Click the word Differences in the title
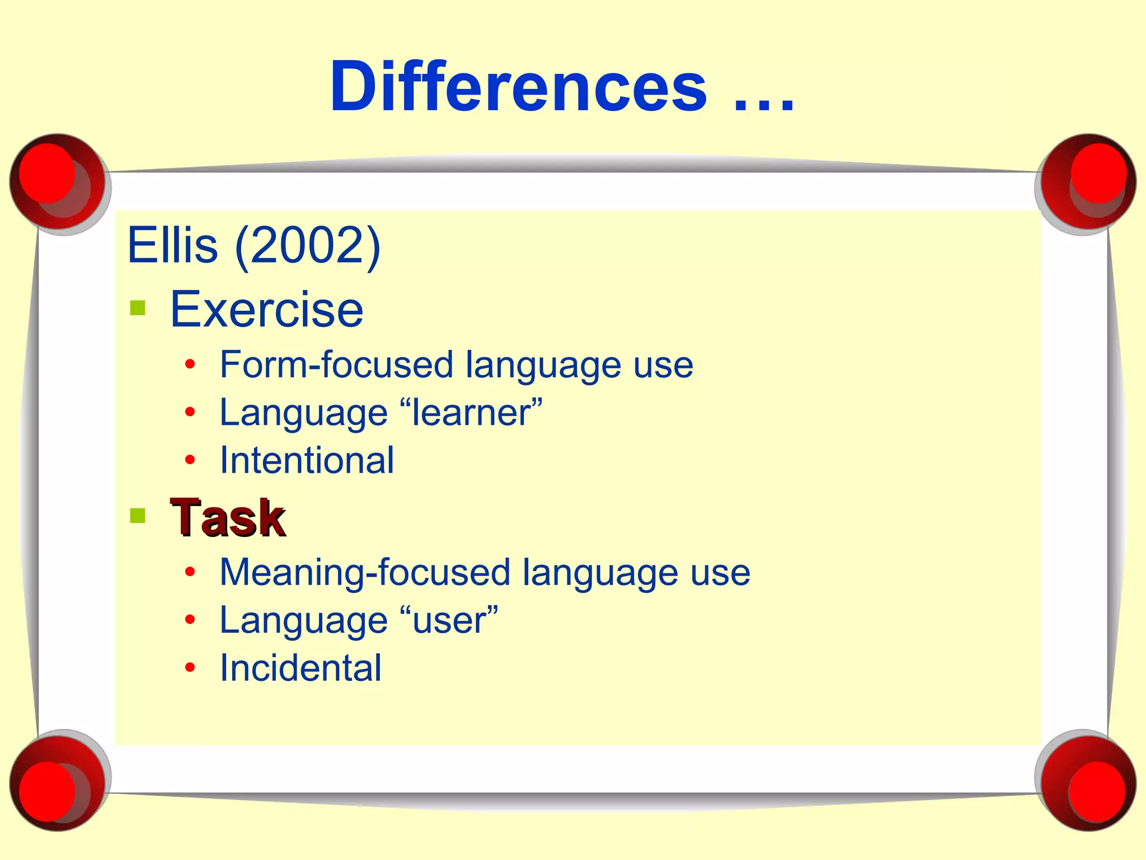(x=518, y=87)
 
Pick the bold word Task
(x=228, y=517)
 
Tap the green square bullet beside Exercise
(x=138, y=309)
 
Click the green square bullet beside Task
(x=138, y=515)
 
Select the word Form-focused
(x=336, y=365)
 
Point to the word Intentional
(x=307, y=460)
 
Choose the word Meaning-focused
(x=365, y=572)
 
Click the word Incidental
(x=300, y=668)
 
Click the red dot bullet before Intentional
(x=190, y=460)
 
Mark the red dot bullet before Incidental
(x=190, y=667)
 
